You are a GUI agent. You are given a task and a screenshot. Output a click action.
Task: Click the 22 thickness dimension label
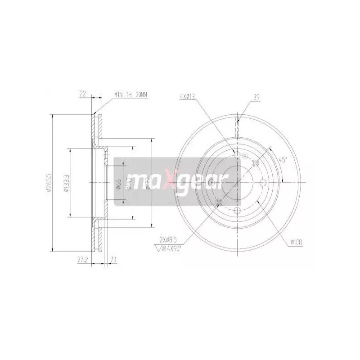(x=82, y=94)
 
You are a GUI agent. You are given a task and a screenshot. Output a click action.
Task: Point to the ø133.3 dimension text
(x=66, y=184)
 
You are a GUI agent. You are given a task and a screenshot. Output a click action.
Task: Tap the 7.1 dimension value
(x=113, y=260)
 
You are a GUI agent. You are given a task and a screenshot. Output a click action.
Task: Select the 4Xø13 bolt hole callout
(x=187, y=96)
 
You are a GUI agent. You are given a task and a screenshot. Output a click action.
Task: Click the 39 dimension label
(x=256, y=96)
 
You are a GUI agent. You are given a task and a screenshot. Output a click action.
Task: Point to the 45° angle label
(x=282, y=160)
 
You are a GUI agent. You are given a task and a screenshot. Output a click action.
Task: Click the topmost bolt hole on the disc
(x=238, y=155)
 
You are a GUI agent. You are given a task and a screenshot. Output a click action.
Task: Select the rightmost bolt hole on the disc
(x=265, y=183)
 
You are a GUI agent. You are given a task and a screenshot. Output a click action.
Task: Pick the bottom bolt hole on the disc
(x=238, y=210)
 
